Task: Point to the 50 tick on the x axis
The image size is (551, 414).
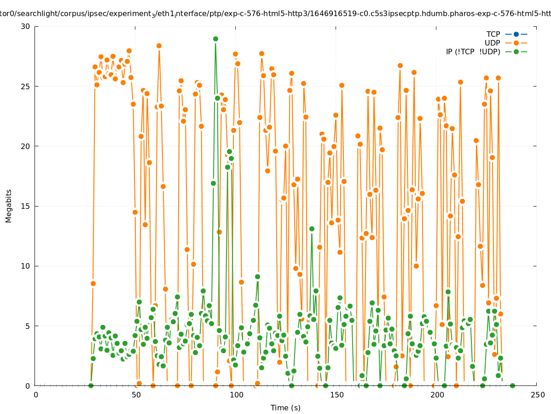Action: coord(136,395)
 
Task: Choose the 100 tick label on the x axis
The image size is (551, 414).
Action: coord(236,395)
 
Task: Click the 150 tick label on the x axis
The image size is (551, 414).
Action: coord(336,395)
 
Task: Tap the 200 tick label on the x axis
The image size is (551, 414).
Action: coord(437,395)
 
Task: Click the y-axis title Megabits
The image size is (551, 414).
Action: coord(9,206)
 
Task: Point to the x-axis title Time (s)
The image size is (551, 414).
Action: coord(285,408)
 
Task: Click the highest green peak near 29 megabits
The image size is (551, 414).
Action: coord(215,39)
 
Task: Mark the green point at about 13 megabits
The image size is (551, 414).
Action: coord(312,229)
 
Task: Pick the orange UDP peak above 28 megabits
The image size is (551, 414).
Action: coord(159,46)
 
